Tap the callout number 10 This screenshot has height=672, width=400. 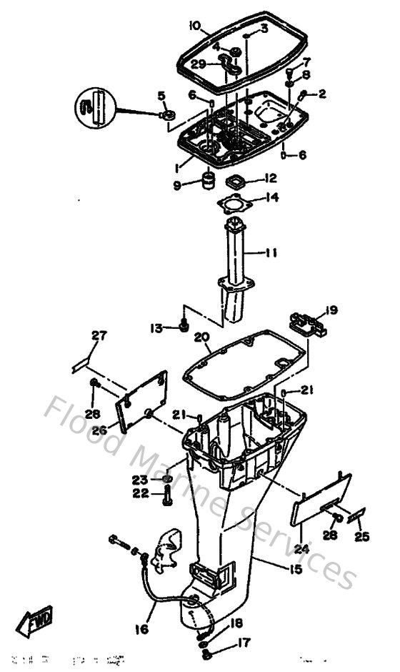point(194,26)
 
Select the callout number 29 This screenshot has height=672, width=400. point(199,64)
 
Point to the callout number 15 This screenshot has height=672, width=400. point(295,569)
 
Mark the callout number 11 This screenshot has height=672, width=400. point(272,252)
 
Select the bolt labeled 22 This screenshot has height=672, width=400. point(166,495)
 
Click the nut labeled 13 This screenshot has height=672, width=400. point(184,327)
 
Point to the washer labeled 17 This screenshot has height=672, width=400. point(206,651)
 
